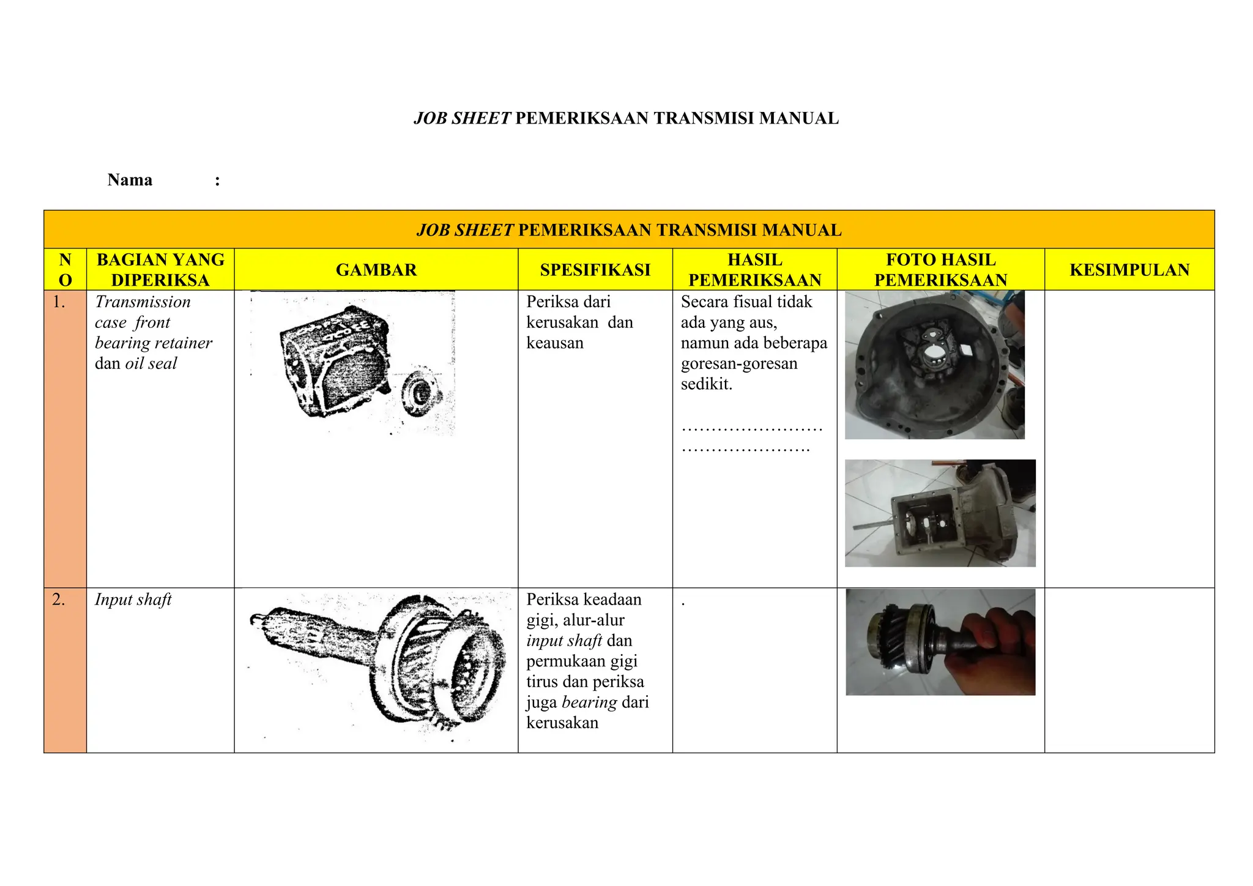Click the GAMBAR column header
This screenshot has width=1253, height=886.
pos(376,270)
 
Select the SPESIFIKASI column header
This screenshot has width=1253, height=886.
pos(595,270)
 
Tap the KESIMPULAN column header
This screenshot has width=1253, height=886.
pos(1129,270)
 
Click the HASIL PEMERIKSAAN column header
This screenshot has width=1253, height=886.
pos(754,270)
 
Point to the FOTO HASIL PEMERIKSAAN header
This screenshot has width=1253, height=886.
pos(940,270)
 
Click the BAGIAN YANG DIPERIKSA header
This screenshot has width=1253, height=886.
pos(160,270)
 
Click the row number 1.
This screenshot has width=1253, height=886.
pos(59,302)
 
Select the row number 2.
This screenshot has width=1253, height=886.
pos(59,600)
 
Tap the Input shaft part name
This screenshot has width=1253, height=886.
pos(133,600)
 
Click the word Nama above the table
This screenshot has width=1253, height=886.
pos(130,180)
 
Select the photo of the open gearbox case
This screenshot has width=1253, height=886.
pos(940,513)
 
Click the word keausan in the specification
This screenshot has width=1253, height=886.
pos(555,343)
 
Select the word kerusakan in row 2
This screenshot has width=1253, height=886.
pos(562,723)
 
